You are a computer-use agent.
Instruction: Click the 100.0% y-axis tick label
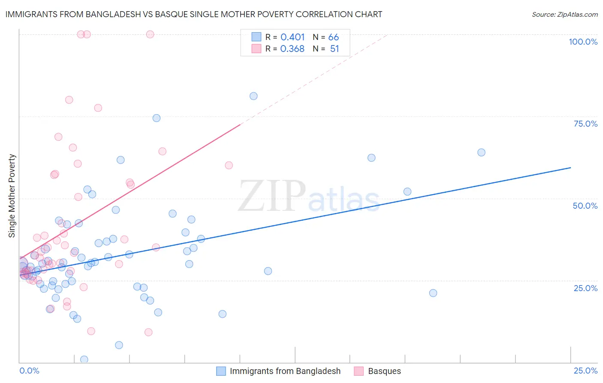click(583, 42)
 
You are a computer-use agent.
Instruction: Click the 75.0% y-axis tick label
click(585, 124)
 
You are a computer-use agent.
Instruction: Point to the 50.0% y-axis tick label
click(585, 206)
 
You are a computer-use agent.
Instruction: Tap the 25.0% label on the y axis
click(585, 288)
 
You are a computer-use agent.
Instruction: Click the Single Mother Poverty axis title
click(12, 196)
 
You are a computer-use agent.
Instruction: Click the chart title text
click(193, 14)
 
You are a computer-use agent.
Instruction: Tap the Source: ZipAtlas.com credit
click(564, 15)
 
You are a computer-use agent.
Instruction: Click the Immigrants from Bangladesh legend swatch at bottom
click(221, 371)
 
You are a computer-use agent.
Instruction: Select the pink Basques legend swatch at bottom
click(359, 371)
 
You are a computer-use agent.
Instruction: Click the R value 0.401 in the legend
click(292, 37)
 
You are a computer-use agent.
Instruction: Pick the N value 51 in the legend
click(335, 49)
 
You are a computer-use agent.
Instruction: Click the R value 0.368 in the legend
click(292, 49)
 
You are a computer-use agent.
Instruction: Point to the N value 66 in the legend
click(334, 37)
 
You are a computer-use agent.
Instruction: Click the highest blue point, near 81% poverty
click(253, 96)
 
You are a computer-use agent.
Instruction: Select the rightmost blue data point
click(481, 152)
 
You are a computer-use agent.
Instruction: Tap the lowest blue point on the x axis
click(84, 359)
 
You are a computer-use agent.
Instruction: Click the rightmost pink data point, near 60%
click(229, 165)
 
